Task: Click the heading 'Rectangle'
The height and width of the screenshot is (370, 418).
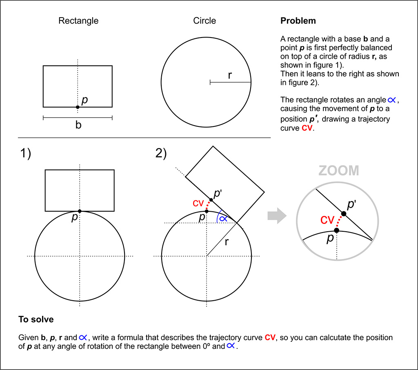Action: [78, 21]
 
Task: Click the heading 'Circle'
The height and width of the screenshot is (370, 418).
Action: [205, 20]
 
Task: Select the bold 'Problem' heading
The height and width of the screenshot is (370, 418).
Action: [298, 20]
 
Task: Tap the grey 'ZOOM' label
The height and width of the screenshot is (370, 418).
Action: [339, 171]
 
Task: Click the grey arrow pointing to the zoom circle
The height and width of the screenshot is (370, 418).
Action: [277, 216]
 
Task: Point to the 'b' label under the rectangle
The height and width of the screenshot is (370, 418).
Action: [78, 125]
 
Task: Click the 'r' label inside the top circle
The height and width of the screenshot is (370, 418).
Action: [230, 75]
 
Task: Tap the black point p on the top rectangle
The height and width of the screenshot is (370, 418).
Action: [78, 107]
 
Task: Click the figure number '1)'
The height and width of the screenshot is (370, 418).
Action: [26, 153]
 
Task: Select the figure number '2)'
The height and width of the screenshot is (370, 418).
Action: [161, 153]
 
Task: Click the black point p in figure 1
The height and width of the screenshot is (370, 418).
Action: [80, 211]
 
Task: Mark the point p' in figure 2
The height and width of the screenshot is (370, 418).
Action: [211, 200]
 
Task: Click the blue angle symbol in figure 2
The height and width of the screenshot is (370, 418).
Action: [223, 219]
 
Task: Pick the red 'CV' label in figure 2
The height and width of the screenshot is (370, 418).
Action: [198, 204]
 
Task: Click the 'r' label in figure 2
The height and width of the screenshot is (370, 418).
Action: [227, 242]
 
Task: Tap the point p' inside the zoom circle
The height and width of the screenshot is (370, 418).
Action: [344, 214]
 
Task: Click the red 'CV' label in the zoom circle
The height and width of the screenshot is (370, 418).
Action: [327, 220]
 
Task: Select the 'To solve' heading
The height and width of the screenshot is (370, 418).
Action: [36, 319]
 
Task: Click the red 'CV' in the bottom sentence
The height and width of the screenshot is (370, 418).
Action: [270, 337]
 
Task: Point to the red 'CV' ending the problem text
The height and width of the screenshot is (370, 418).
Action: [307, 128]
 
